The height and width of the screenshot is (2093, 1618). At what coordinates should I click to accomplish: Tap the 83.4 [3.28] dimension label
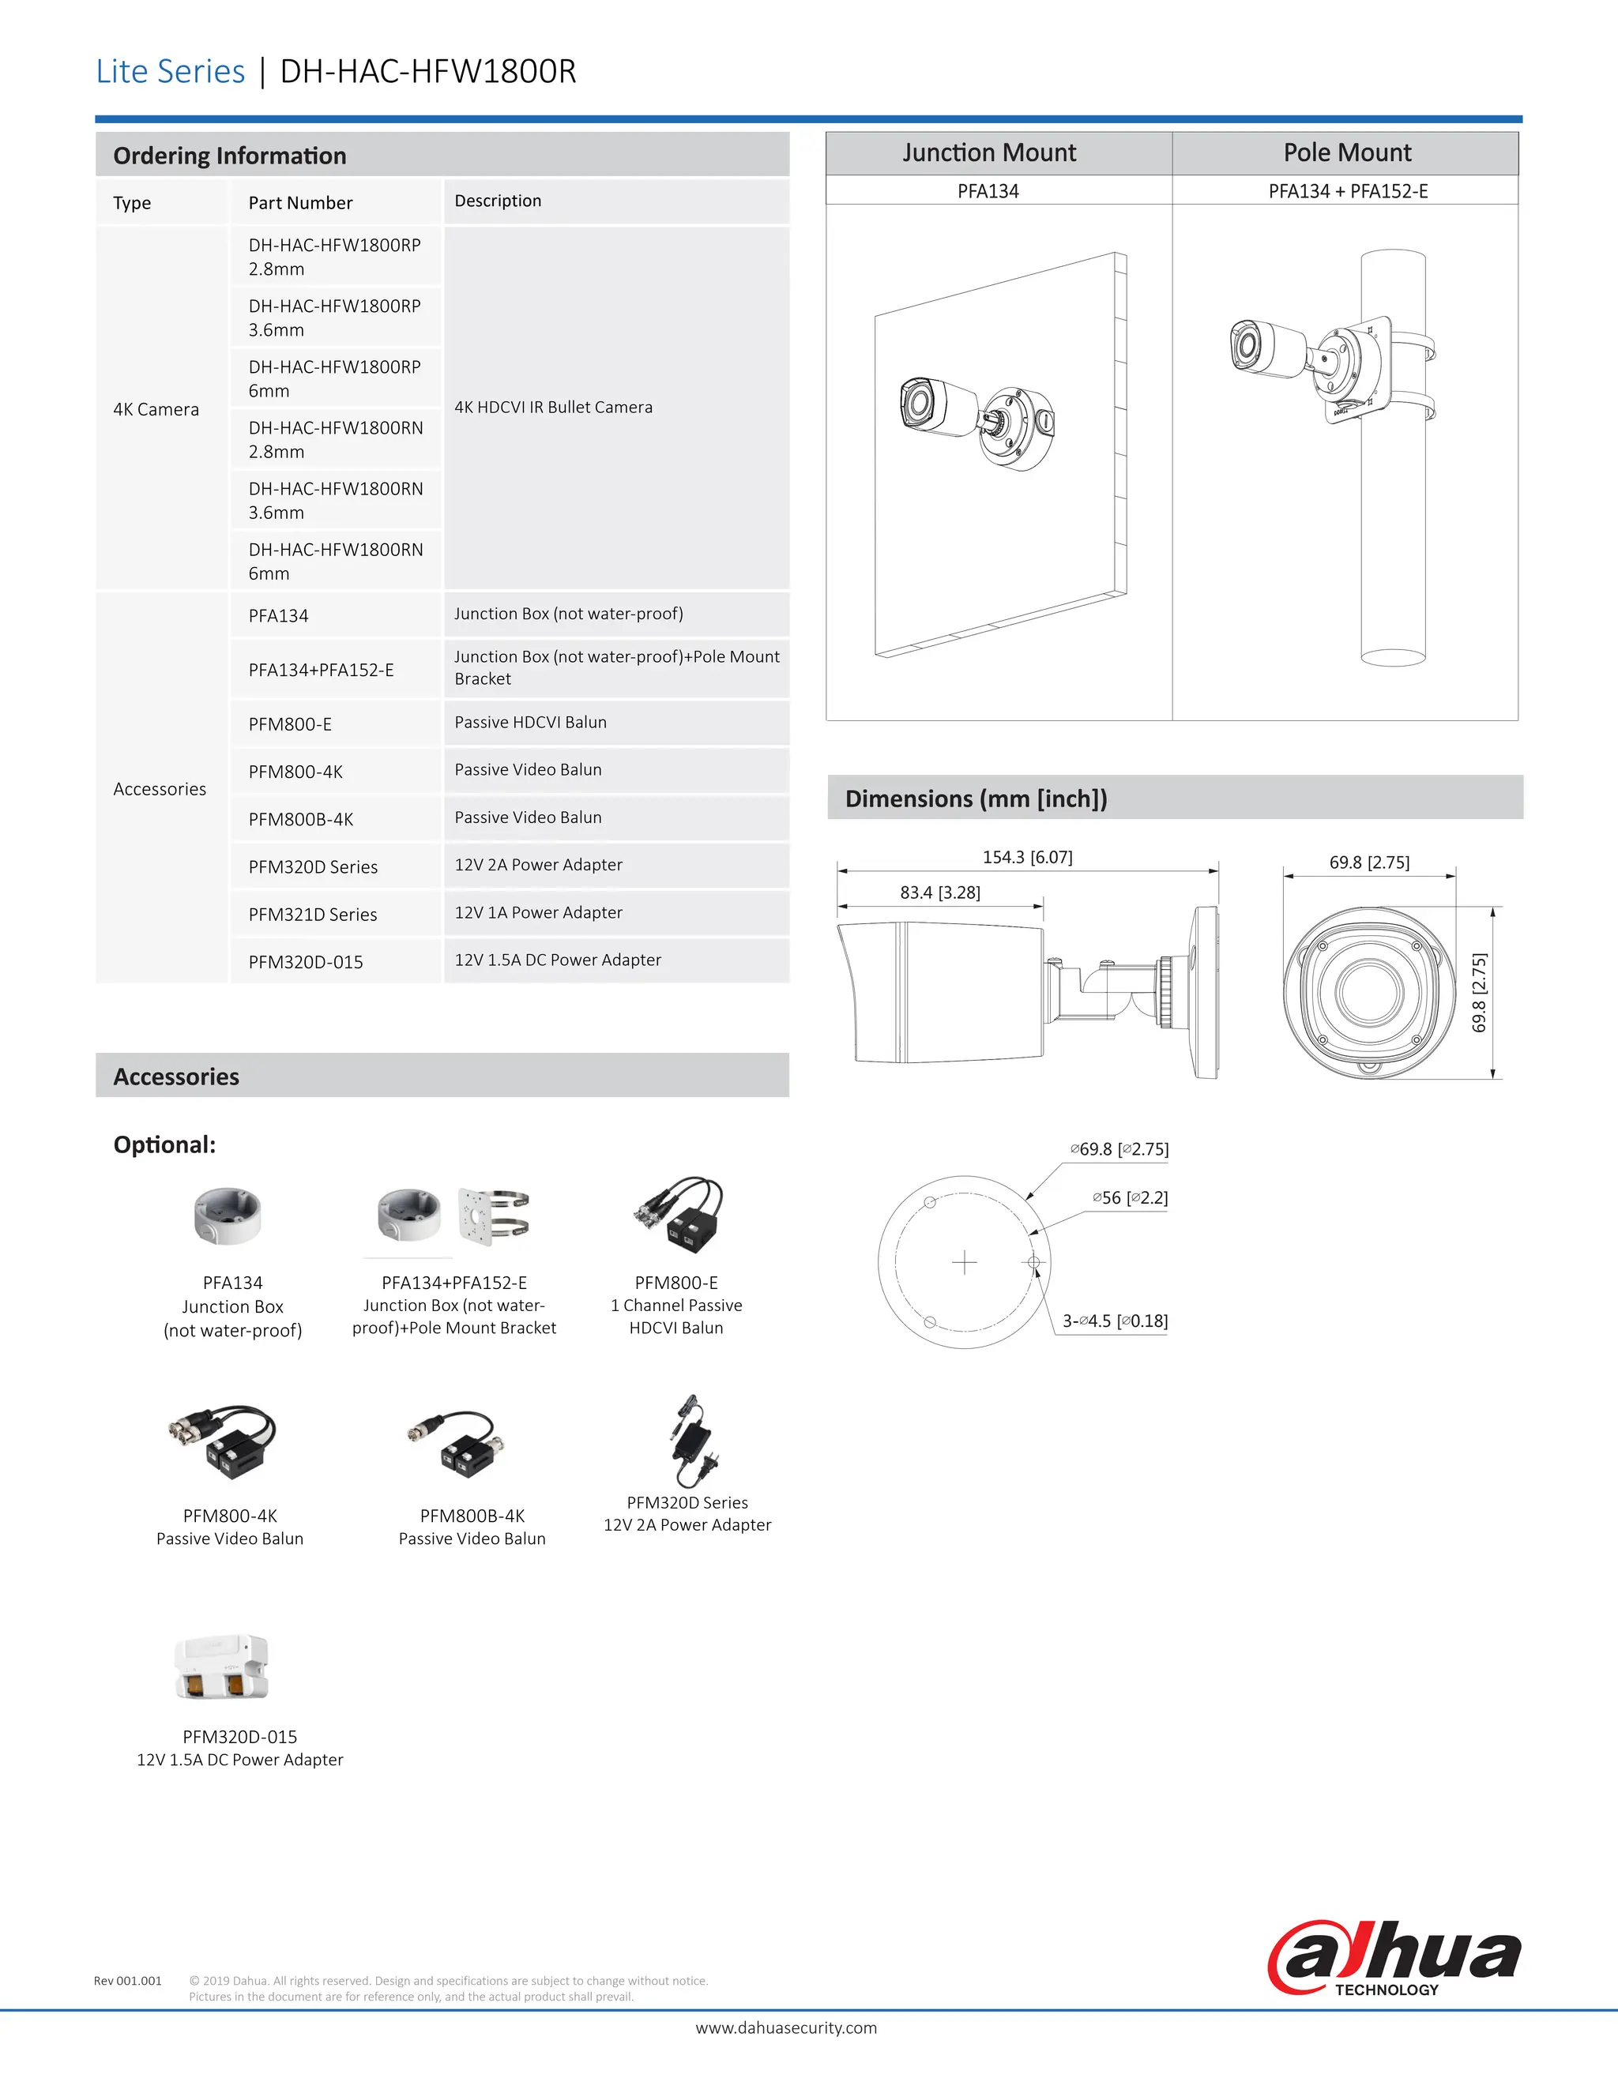[939, 892]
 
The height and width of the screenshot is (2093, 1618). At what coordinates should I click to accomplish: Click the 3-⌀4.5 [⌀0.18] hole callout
[1114, 1321]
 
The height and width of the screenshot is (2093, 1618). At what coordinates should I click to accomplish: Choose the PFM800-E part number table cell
[291, 724]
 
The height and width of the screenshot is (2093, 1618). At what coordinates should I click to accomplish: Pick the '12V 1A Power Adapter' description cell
[538, 912]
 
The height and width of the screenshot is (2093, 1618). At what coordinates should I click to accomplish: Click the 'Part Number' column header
[300, 203]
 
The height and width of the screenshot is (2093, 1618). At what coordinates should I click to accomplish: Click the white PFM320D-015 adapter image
[222, 1667]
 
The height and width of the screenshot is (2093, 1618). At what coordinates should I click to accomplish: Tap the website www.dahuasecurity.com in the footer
[785, 2027]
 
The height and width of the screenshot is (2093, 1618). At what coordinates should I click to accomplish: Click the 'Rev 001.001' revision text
[127, 1980]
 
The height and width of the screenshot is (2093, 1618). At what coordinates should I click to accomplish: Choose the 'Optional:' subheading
[164, 1144]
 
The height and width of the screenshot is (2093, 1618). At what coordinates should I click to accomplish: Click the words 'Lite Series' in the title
[171, 72]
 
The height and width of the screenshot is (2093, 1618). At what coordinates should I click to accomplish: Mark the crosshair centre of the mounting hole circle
[965, 1262]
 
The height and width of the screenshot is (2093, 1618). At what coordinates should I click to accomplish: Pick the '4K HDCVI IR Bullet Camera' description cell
[553, 408]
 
